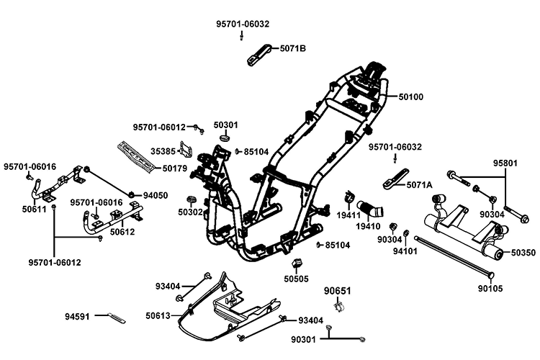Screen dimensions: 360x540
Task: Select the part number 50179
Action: point(175,168)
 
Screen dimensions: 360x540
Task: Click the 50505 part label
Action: point(296,279)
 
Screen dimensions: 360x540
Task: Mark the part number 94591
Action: point(78,315)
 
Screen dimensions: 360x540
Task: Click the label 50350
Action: point(524,253)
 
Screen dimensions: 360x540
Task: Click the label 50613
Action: point(158,315)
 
